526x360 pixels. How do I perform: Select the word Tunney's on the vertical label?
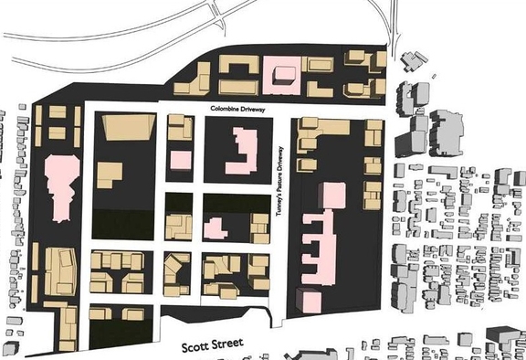[282, 206]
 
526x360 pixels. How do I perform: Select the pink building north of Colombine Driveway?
[280, 73]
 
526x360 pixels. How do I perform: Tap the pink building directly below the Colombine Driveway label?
[242, 152]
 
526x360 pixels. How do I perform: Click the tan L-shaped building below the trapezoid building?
[110, 174]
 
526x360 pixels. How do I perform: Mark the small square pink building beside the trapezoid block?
[180, 161]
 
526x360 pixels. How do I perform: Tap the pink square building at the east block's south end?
[308, 300]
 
